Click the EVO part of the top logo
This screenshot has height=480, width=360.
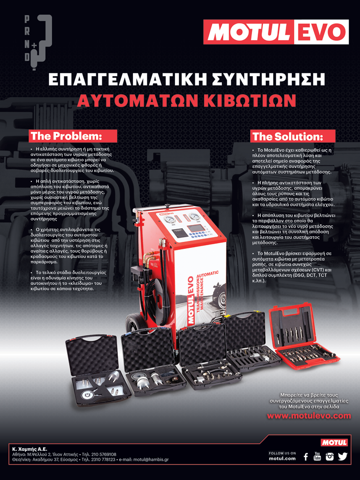(x=321, y=32)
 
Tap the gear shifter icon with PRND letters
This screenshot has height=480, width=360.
(x=38, y=43)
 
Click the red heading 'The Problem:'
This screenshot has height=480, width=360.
(x=73, y=136)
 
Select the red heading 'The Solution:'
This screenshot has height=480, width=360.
(x=293, y=136)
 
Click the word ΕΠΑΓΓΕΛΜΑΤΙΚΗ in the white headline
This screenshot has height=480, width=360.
(x=127, y=79)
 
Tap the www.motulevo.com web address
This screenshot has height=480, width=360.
(x=309, y=416)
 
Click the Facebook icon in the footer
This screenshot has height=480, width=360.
(x=306, y=457)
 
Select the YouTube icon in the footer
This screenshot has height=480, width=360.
(x=317, y=456)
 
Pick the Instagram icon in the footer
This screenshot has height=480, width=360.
(x=329, y=457)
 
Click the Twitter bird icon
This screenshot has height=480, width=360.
(x=343, y=457)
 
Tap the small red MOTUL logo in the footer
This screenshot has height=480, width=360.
(x=334, y=442)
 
